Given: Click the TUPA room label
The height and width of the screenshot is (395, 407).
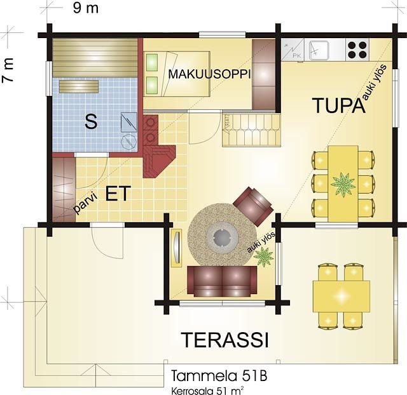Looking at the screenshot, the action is click(340, 105).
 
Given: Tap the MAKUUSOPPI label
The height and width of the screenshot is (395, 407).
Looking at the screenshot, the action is click(210, 74).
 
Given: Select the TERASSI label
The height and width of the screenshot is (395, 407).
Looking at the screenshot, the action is click(224, 340).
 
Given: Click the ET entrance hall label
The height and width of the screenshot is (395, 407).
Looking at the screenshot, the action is click(118, 193).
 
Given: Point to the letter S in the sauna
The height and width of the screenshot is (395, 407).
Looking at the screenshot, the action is click(91, 121).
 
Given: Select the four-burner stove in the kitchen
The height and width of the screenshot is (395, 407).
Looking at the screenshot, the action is click(357, 50).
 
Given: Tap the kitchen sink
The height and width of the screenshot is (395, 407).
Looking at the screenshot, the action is click(319, 50).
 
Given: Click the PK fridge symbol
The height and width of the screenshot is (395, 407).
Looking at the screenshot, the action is click(293, 50).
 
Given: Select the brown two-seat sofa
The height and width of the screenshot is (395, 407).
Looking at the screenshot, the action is click(222, 281).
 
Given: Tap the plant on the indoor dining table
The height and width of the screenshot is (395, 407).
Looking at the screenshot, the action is click(343, 184).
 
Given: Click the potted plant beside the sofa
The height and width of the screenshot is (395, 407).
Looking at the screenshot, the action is click(264, 257).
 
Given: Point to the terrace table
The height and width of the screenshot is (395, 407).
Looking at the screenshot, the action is click(341, 296).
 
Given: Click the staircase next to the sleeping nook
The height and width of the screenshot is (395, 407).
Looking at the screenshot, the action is click(251, 130).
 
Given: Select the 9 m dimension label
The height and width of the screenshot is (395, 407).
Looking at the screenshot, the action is click(85, 8).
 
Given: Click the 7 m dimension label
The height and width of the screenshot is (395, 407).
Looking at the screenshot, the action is click(8, 70).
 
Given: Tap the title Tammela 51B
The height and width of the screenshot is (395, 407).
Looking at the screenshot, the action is click(219, 376).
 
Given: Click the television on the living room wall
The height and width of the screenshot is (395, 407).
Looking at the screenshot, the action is click(177, 248).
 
